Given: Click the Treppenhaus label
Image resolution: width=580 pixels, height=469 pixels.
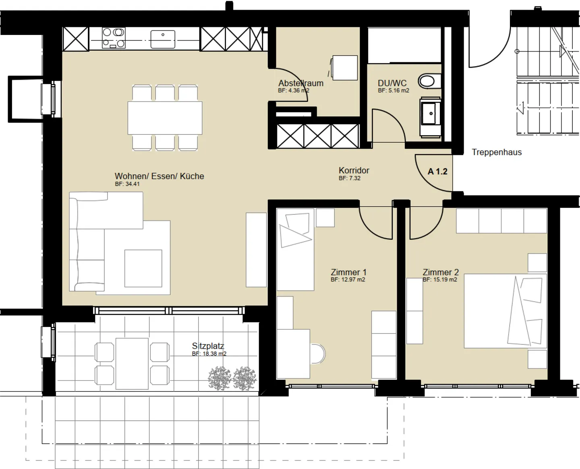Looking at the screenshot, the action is [497, 152].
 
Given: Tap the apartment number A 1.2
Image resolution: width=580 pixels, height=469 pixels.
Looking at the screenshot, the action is [437, 172].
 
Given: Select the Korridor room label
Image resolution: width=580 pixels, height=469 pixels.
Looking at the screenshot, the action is [354, 171].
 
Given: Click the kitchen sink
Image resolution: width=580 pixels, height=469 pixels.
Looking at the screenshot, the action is [163, 39].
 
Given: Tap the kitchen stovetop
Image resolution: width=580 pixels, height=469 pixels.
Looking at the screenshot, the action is [114, 38].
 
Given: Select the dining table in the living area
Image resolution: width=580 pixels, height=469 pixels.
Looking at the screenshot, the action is [165, 118].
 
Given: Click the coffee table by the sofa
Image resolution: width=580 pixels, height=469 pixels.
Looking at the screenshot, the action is [143, 268].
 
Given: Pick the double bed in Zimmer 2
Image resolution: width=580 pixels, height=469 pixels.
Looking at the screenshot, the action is [505, 311].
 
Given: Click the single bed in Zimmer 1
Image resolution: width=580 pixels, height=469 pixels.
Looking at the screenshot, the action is [295, 250].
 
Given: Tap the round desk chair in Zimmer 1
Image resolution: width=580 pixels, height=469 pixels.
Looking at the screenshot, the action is [318, 354].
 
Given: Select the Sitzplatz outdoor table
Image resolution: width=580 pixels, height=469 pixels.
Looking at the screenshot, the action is [132, 364].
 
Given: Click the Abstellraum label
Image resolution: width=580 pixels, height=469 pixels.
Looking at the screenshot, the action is [301, 83].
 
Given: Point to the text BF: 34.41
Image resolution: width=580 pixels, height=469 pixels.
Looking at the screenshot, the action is [127, 184].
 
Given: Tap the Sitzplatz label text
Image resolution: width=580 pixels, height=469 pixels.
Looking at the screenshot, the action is [208, 346].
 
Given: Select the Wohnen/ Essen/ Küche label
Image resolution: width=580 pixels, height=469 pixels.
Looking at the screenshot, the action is [159, 176].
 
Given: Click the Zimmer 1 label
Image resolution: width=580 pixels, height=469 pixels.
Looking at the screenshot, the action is [348, 272].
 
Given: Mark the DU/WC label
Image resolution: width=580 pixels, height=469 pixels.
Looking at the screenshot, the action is [392, 83].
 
